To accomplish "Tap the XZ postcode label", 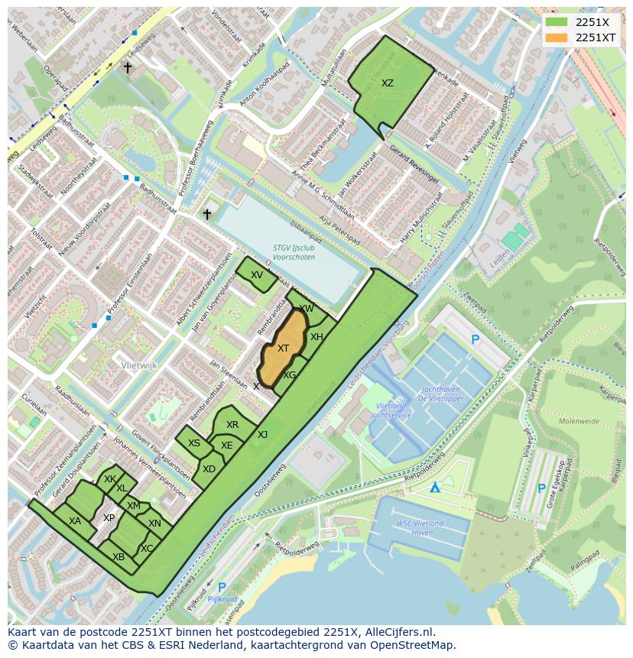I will (x=388, y=83).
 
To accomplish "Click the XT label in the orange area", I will (x=283, y=348).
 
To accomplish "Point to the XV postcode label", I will (x=257, y=275).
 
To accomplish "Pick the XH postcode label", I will (x=316, y=337).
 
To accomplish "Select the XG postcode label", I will (x=289, y=375).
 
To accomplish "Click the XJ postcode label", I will (x=262, y=435).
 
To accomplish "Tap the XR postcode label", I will (x=232, y=425).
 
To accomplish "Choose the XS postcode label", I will (x=194, y=443).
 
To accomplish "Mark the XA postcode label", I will (x=75, y=521).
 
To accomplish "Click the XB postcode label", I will (x=118, y=557).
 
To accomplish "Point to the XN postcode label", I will (x=154, y=523).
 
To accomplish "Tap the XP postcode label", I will (x=109, y=518).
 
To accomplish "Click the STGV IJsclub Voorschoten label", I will (x=294, y=252).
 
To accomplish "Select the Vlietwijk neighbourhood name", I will (x=138, y=366).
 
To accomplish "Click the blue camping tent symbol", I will (x=435, y=487).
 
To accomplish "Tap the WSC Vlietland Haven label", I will (x=420, y=528).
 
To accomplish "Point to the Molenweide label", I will (x=578, y=420).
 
